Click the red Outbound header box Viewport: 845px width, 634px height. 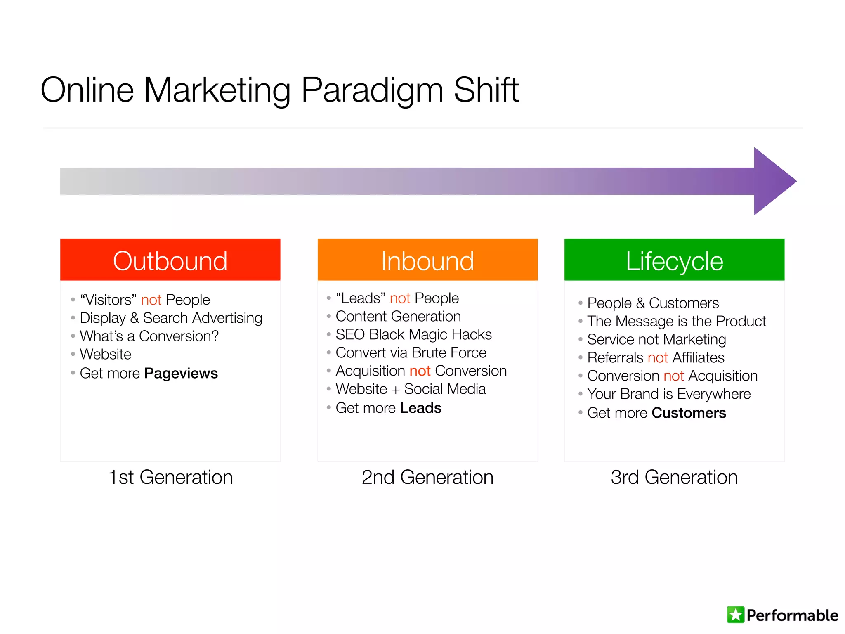coord(170,260)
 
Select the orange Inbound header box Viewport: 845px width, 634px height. coord(427,260)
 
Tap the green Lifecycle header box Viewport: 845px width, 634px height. coord(674,260)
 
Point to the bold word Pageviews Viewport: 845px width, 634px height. coord(181,373)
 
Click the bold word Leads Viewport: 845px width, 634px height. coord(420,408)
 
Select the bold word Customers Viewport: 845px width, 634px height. coord(689,413)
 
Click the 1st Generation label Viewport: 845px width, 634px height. coord(170,477)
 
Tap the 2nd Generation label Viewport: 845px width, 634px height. coord(427,477)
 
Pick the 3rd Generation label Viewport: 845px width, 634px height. coord(674,477)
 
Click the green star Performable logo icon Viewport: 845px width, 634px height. coord(735,615)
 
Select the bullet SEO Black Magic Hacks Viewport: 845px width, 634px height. coord(413,334)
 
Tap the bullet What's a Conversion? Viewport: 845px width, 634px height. coord(149,336)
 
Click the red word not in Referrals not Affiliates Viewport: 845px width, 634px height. coord(658,357)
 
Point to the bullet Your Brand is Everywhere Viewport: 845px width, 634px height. coord(668,394)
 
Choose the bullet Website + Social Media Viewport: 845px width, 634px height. coord(411,389)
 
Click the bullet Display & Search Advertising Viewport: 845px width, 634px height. coord(171,318)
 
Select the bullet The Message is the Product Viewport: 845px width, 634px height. coord(676,321)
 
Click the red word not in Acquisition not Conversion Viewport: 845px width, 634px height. coord(420,371)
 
